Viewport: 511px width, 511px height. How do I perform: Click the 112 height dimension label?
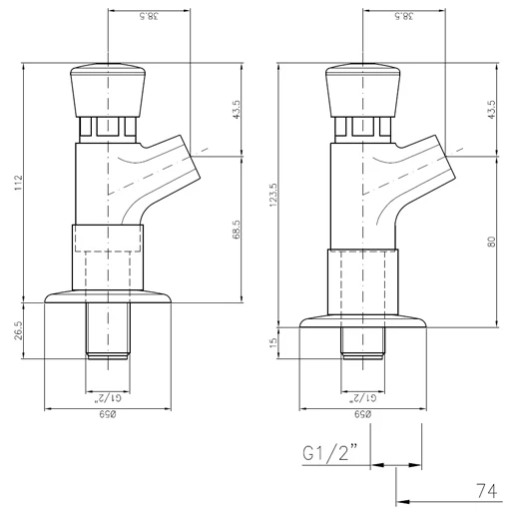[18, 183]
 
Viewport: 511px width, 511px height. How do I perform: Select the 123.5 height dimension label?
[273, 195]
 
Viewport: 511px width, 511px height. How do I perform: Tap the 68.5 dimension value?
[237, 230]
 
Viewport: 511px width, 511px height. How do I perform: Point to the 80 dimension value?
[492, 242]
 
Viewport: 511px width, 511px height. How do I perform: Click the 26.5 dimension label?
[18, 330]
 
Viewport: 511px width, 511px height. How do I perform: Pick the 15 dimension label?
[273, 342]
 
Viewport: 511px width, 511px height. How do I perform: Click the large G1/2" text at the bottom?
[329, 452]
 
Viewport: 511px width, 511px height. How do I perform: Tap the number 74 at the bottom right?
[487, 491]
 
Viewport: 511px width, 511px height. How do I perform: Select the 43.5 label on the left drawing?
[237, 110]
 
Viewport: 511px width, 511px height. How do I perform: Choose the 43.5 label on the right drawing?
[492, 110]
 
